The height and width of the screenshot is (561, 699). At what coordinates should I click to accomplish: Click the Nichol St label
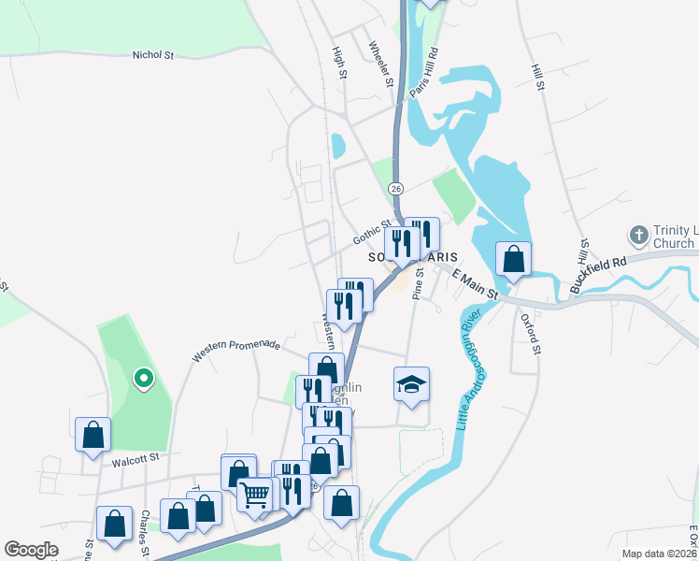tap(154, 56)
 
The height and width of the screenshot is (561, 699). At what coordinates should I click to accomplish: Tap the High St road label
tap(339, 65)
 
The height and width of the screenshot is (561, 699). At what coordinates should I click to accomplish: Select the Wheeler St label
tap(381, 65)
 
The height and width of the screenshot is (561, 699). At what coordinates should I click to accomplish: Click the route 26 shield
tap(397, 189)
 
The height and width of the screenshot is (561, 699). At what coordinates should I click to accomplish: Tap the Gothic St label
tap(372, 233)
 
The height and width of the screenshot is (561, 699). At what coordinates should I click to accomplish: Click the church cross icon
tap(638, 235)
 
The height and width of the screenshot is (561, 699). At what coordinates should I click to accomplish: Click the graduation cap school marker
tap(411, 383)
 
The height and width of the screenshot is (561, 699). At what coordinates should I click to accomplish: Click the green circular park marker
tap(143, 379)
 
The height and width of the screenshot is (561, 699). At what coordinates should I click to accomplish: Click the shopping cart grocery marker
tap(254, 493)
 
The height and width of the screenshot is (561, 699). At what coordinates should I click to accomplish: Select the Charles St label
tap(145, 532)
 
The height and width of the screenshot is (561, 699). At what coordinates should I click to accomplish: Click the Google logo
tap(31, 550)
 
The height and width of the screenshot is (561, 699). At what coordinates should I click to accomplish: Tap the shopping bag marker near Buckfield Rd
tap(513, 258)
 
